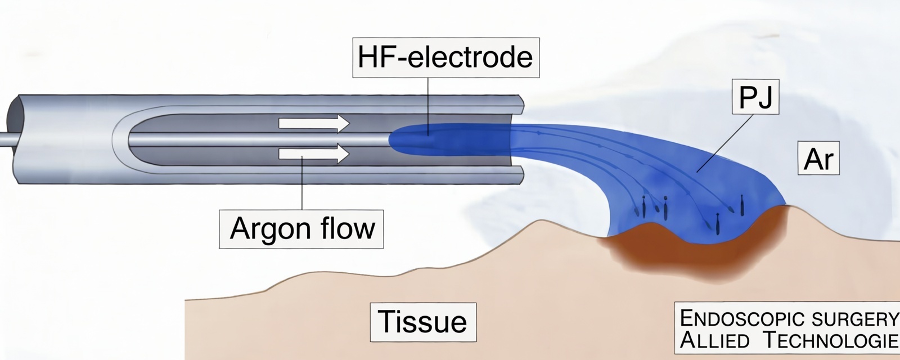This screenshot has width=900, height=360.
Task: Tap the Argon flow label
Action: click(x=302, y=228)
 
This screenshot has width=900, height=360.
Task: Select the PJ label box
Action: click(x=755, y=97)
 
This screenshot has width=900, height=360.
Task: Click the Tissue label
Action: click(x=422, y=321)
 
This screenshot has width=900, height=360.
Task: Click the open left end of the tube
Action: click(x=15, y=138)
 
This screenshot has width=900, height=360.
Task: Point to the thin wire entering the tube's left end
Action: click(x=4, y=138)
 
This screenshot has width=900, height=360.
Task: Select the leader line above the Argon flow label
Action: click(x=302, y=186)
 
